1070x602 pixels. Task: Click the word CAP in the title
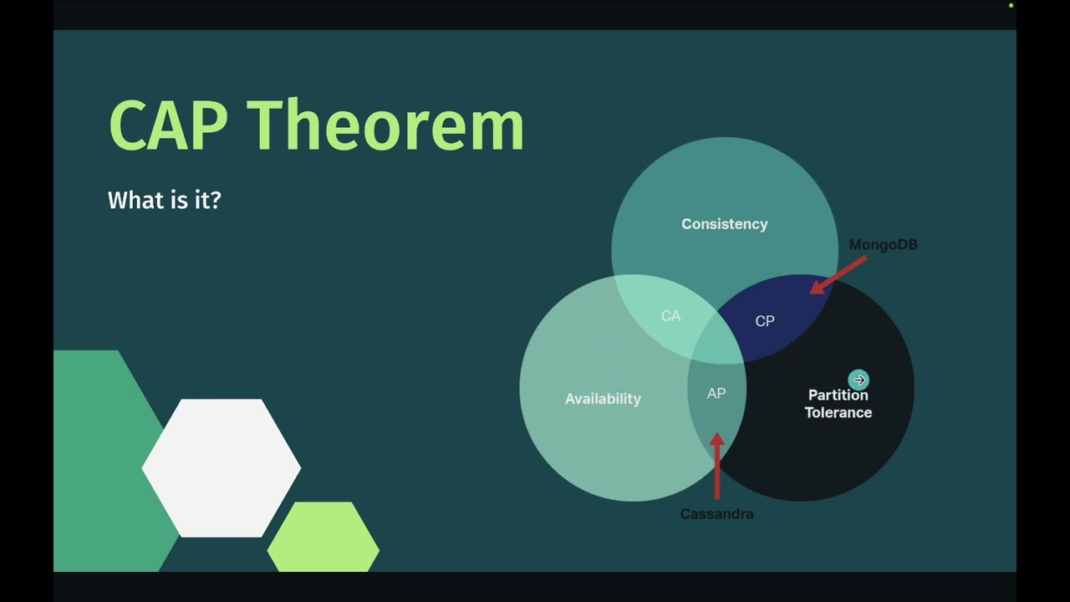coord(169,125)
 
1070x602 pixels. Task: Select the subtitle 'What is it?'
coord(165,200)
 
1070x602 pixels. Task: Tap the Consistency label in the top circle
coord(725,224)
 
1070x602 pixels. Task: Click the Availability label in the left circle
coord(603,399)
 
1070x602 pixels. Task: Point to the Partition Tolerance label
coord(838,404)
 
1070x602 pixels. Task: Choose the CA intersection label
coord(670,316)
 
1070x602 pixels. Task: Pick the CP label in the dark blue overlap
coord(765,321)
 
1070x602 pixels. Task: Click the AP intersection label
coord(716,393)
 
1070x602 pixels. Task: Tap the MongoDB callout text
coord(884,245)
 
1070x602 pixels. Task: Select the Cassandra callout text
coord(717,514)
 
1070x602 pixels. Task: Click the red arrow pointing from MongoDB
coord(838,275)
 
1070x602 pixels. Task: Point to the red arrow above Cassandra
coord(717,466)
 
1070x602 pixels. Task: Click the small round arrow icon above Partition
coord(859,380)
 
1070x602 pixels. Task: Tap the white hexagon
coord(222,467)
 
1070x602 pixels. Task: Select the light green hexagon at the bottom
coord(324,537)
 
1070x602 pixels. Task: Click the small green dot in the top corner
coord(1011,6)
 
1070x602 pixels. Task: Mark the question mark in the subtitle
coord(216,200)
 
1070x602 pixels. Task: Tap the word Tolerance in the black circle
coord(838,412)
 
